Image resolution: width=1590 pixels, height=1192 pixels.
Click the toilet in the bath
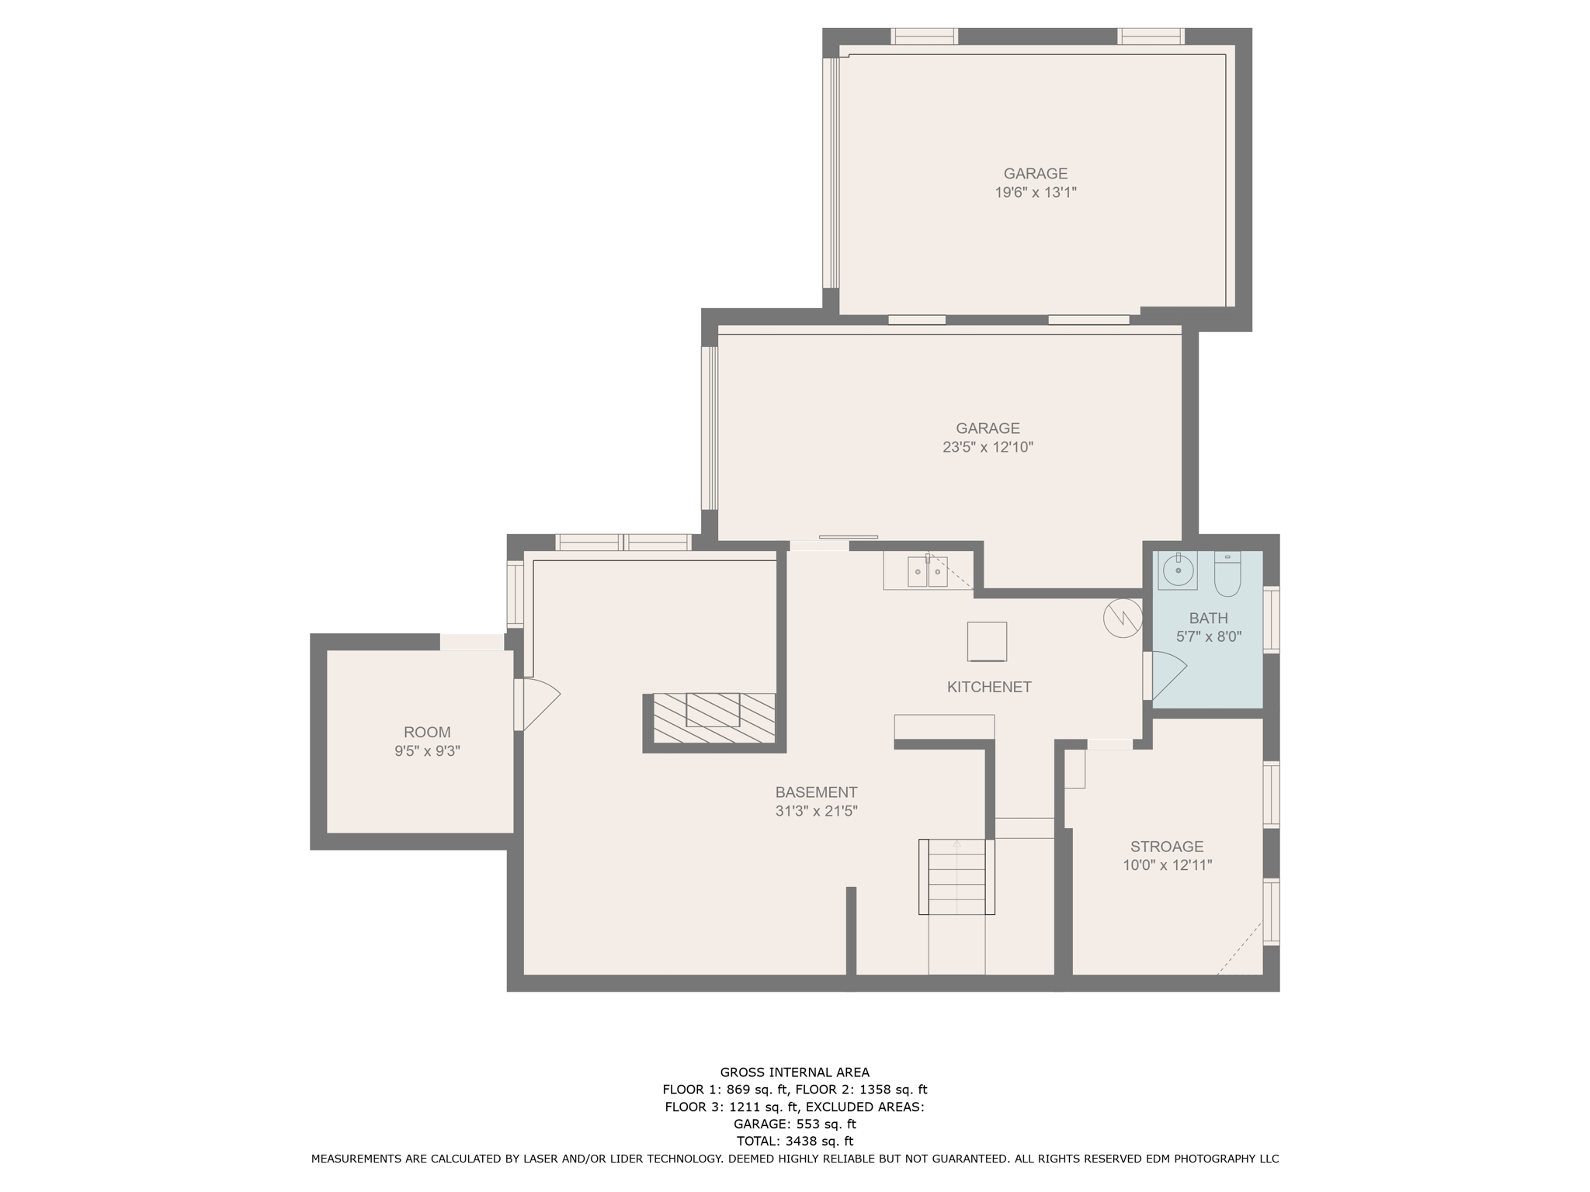point(1227,573)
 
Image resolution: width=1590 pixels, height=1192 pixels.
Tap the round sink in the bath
point(1178,571)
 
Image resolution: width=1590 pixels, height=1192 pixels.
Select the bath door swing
point(1169,675)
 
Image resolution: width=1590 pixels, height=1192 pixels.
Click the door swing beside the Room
point(541,705)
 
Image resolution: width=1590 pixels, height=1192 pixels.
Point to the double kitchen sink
point(928,572)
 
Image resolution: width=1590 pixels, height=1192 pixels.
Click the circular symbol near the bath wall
point(1123,618)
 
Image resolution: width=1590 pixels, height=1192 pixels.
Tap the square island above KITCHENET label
point(987,642)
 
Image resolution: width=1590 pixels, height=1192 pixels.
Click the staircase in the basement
point(956,877)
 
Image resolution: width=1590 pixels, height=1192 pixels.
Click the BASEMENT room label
point(816,792)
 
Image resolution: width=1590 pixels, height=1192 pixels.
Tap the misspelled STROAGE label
point(1167,847)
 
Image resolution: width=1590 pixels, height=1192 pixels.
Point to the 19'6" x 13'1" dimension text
point(1036,192)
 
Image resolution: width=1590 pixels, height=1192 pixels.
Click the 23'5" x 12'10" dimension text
point(988,447)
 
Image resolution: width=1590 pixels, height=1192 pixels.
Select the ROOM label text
point(427,732)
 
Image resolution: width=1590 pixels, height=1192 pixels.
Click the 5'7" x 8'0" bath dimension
point(1209,637)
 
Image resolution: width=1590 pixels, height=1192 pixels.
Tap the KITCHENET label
point(989,687)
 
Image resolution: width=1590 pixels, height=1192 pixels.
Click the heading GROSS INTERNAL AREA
point(795,1072)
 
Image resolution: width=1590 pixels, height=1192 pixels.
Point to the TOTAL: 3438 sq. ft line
point(795,1141)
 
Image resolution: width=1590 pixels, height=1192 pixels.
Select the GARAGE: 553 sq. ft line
point(795,1124)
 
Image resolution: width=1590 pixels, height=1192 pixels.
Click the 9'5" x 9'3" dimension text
point(427,751)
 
